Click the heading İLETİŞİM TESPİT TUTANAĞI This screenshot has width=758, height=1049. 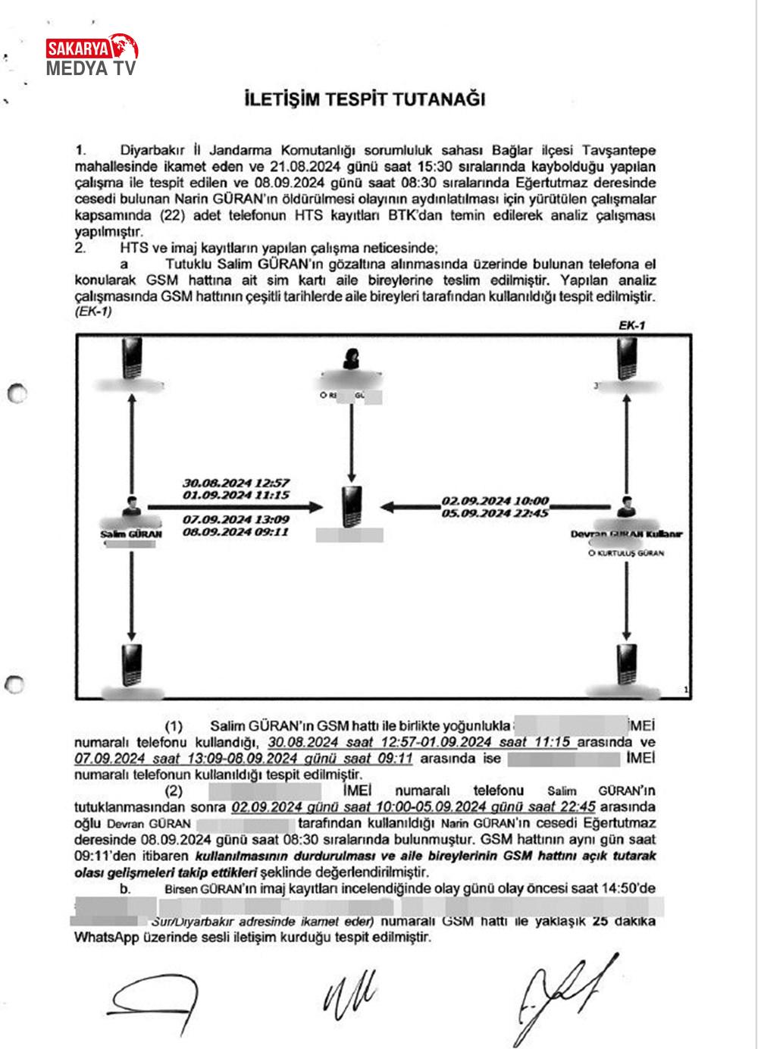[x=365, y=100]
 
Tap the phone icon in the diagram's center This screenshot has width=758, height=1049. [x=352, y=506]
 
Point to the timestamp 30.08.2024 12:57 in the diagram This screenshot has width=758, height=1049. [x=236, y=483]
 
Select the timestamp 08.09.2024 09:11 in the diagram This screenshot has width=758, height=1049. [x=236, y=533]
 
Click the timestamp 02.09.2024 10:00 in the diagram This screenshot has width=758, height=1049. [x=495, y=502]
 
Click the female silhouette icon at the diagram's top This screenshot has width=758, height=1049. [x=352, y=359]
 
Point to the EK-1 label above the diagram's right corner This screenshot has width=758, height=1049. [x=631, y=325]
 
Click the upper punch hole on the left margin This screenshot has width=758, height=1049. [x=16, y=394]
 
